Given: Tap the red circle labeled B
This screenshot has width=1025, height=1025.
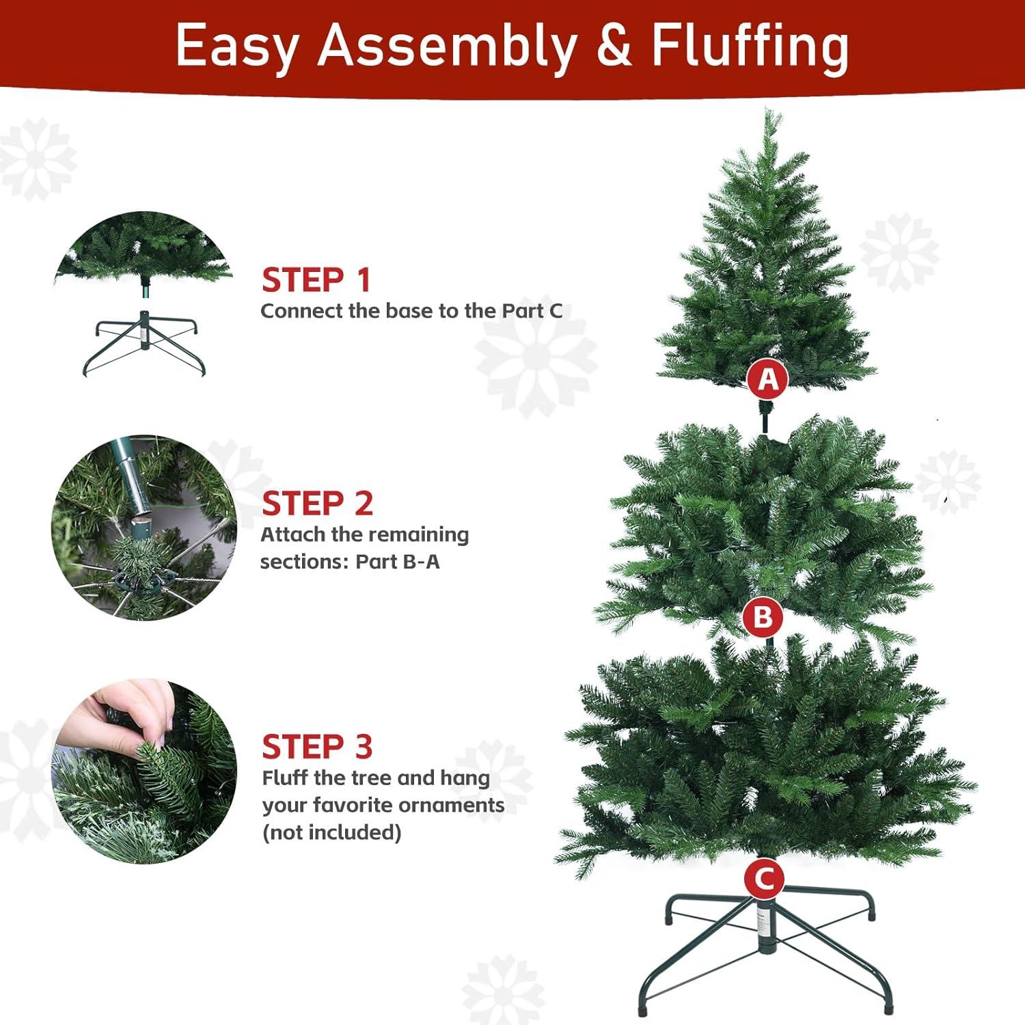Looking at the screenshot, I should pos(763,617).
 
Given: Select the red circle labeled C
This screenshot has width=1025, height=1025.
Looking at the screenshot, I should pos(764,879).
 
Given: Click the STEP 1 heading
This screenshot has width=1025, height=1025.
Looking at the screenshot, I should pos(316,280).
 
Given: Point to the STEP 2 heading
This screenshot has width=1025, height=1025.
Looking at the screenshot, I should pos(317,504).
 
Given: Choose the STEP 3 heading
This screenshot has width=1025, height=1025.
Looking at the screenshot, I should pos(317,747).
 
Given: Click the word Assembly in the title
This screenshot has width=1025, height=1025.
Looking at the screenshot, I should pos(448,46).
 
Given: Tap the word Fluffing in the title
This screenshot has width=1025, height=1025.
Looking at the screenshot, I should pos(750,46).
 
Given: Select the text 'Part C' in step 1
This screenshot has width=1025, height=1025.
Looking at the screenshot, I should pos(532,311).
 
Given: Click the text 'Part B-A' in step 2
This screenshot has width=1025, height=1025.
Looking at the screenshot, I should pos(398,562).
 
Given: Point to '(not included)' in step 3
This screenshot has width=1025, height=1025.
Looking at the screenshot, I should pos(331,832).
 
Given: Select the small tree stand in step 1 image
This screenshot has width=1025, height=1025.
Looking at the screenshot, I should pos(143,342).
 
